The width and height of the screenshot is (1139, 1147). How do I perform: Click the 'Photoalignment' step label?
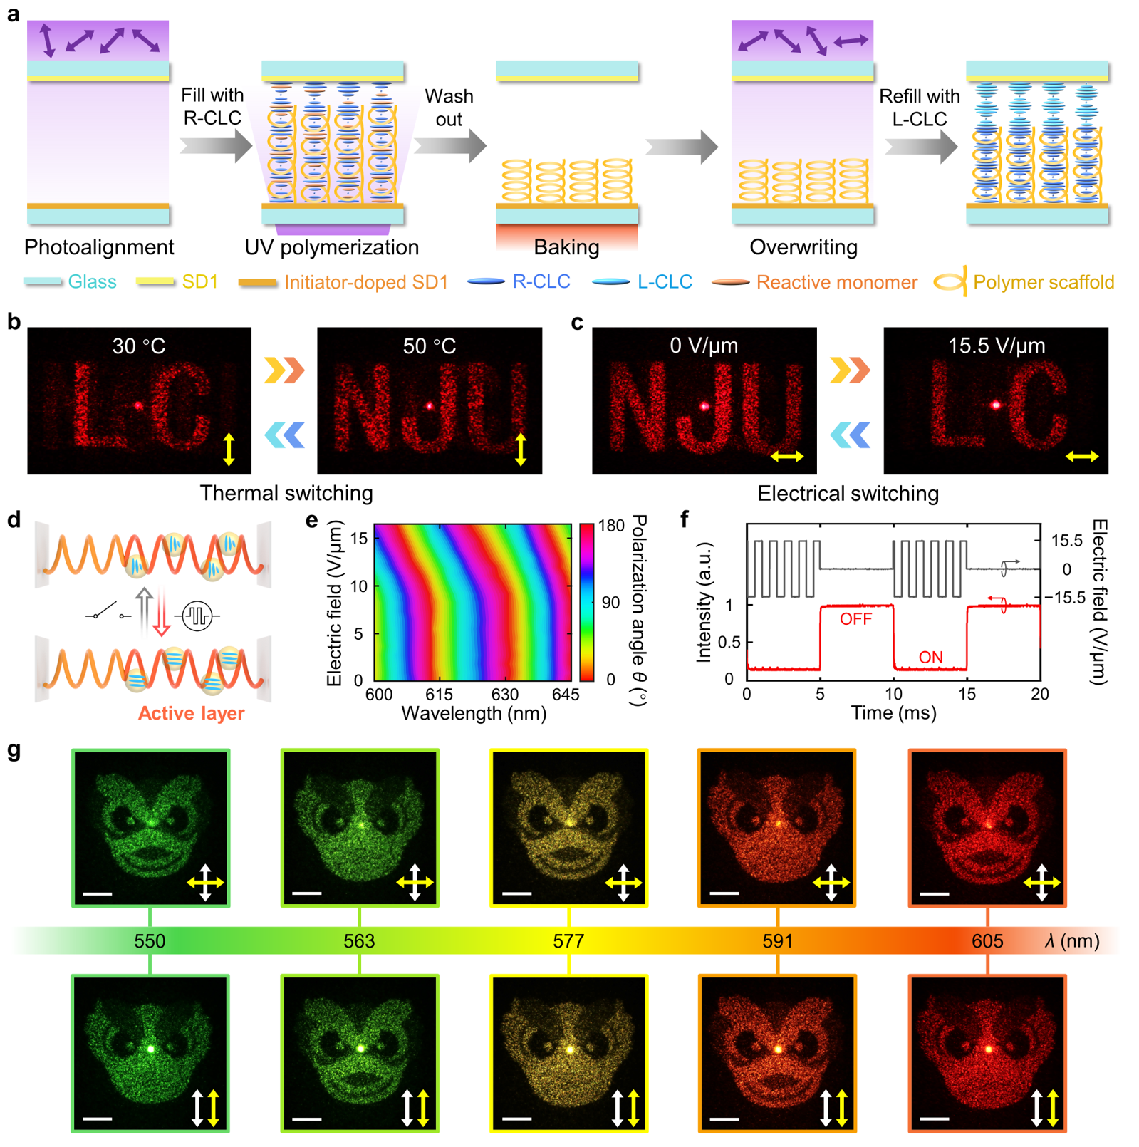coord(99,247)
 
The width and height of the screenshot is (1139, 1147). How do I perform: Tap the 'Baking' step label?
coord(566,247)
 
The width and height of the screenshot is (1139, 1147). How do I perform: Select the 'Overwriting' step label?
coord(803,247)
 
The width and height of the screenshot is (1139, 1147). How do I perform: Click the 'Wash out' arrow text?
coord(449,108)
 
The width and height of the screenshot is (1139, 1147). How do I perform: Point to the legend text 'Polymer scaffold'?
coord(1043,282)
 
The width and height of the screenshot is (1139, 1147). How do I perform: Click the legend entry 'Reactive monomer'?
coord(836,282)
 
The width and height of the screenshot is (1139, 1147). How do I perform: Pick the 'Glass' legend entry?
coord(92,282)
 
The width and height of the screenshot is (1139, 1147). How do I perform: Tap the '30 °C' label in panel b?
coord(139,346)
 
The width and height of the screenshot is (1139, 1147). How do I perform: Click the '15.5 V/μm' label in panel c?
coord(996,346)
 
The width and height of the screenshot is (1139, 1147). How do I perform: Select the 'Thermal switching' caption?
coord(286,493)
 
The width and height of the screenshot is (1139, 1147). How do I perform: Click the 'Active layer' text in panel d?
coord(191,713)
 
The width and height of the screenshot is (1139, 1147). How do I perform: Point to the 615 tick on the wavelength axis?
coord(440,694)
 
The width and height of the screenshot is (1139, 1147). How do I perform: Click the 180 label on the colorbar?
coord(610,526)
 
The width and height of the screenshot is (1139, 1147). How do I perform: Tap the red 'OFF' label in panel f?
coord(855,619)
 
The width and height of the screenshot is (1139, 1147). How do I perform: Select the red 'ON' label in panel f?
coord(930,657)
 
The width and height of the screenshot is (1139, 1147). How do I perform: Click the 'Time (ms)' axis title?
coord(893,713)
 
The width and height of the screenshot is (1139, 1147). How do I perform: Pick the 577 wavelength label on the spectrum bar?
coord(568,941)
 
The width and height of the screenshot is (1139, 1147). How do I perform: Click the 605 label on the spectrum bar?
coord(987,941)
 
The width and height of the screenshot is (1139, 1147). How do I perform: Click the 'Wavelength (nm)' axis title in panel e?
coord(474,713)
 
